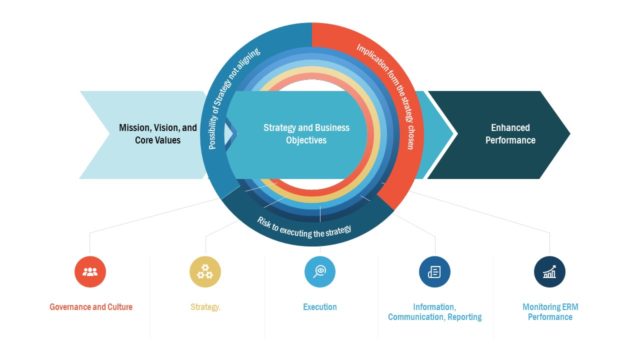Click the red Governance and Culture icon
(x=90, y=271)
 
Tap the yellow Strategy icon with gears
(x=205, y=271)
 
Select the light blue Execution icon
(x=320, y=271)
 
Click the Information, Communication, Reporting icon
(x=435, y=271)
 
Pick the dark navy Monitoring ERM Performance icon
(x=549, y=271)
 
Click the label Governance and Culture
(x=90, y=307)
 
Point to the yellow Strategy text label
(x=205, y=307)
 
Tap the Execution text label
(x=320, y=307)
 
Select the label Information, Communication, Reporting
(x=435, y=312)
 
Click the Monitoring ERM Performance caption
(x=548, y=312)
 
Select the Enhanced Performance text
(x=512, y=135)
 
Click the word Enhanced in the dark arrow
(x=512, y=128)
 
